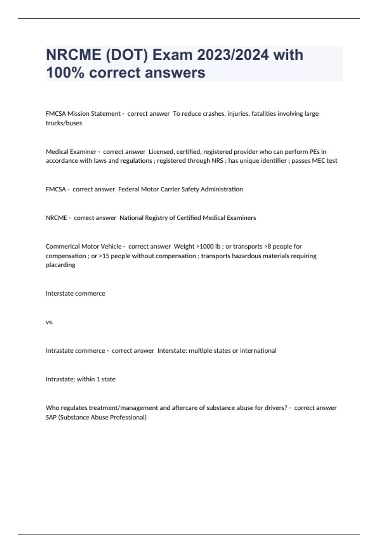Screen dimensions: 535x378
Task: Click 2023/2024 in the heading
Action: pyautogui.click(x=233, y=55)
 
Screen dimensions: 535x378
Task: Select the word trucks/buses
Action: pyautogui.click(x=64, y=123)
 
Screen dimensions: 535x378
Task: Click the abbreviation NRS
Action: pyautogui.click(x=217, y=161)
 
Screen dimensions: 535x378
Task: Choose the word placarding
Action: pyautogui.click(x=60, y=265)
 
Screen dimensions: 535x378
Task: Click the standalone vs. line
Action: pyautogui.click(x=49, y=322)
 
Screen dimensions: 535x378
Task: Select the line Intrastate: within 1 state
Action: pyautogui.click(x=80, y=379)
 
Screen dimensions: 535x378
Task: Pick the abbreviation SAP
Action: pyautogui.click(x=51, y=417)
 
